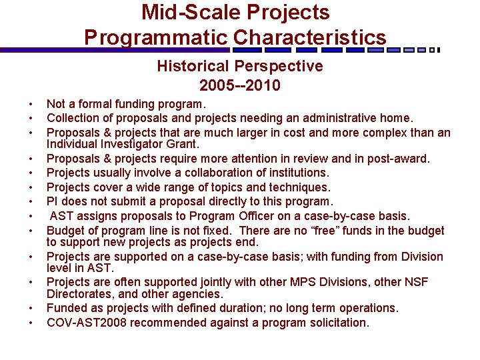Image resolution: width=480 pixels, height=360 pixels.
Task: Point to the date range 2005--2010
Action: [x=239, y=85]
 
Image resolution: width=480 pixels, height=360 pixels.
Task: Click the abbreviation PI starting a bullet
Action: [x=53, y=201]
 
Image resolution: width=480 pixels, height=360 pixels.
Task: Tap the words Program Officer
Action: [x=230, y=216]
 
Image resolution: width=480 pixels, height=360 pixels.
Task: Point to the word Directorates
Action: [x=77, y=293]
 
